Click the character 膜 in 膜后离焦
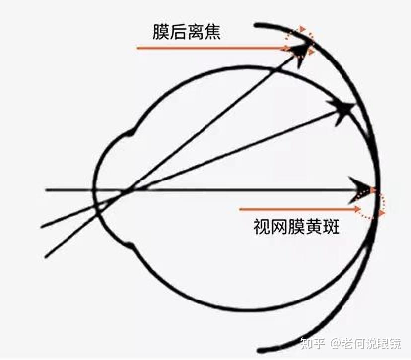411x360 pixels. pos(161,32)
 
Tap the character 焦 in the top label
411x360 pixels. pos(212,32)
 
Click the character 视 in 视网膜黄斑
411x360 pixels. pos(263,227)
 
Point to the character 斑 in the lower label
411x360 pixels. pos(331,227)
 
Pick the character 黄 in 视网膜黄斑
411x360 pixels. pos(314,227)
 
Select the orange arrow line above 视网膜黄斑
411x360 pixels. pos(299,209)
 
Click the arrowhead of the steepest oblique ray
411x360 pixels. pos(301,55)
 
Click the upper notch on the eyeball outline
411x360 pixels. pos(130,133)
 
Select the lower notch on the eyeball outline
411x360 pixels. pos(130,245)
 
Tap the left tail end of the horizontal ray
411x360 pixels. pos(46,190)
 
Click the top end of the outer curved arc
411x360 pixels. pos(256,25)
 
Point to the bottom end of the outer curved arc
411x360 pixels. pos(260,350)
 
